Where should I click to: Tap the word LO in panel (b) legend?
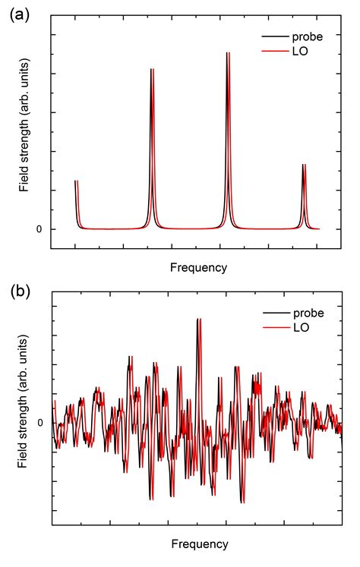pyautogui.click(x=300, y=328)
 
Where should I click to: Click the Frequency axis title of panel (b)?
pyautogui.click(x=198, y=544)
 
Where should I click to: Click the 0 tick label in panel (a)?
pyautogui.click(x=39, y=229)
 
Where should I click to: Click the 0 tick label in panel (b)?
pyautogui.click(x=40, y=423)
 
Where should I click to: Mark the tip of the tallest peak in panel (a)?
pyautogui.click(x=228, y=53)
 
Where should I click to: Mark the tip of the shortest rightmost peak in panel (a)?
pyautogui.click(x=304, y=165)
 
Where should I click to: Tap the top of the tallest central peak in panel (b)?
pyautogui.click(x=198, y=319)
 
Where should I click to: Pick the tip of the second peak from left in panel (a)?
pyautogui.click(x=153, y=69)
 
